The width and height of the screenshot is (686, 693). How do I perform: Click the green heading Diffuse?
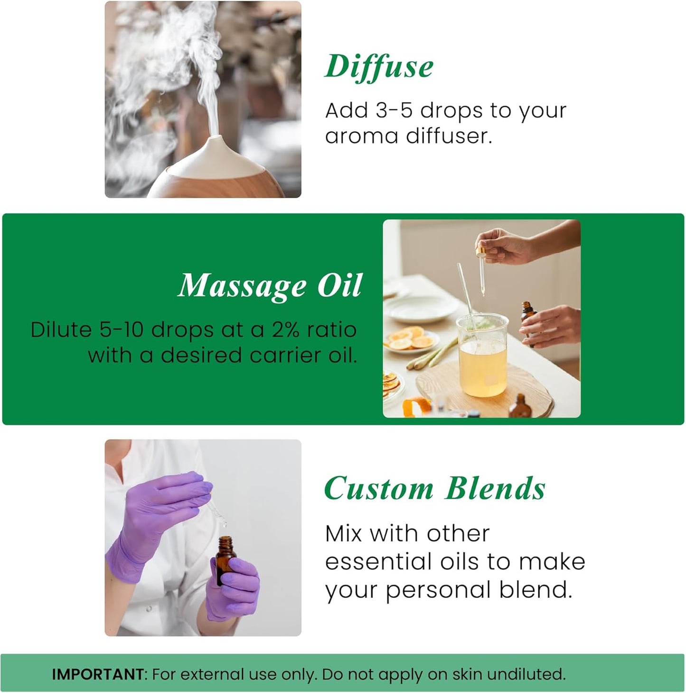(379, 67)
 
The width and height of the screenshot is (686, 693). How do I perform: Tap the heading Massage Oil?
(270, 286)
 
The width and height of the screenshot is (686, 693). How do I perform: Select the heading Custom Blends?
(434, 489)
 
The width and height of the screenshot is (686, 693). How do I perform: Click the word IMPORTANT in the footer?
(97, 674)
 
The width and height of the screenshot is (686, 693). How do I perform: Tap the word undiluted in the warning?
(526, 674)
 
